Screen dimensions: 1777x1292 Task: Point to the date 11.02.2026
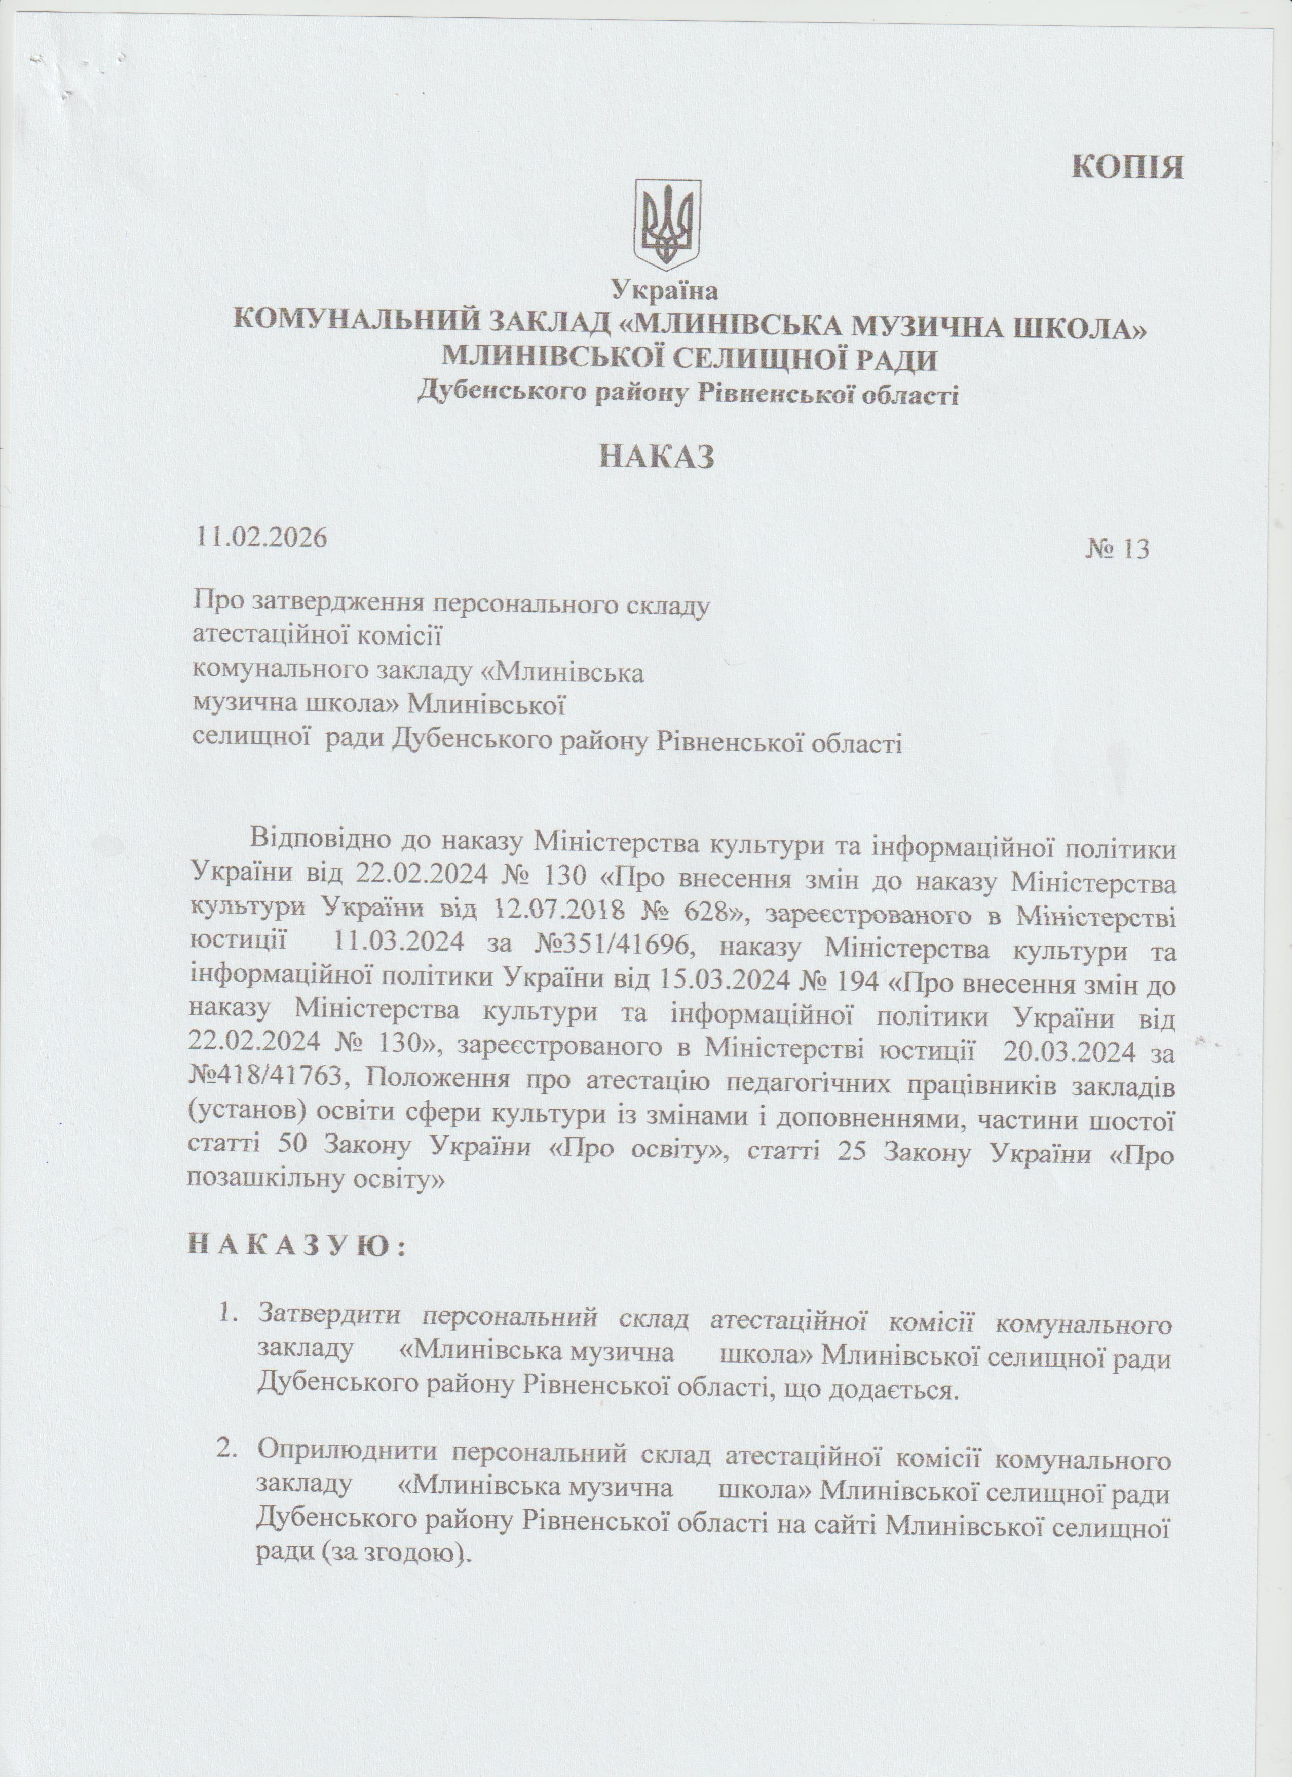(262, 538)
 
